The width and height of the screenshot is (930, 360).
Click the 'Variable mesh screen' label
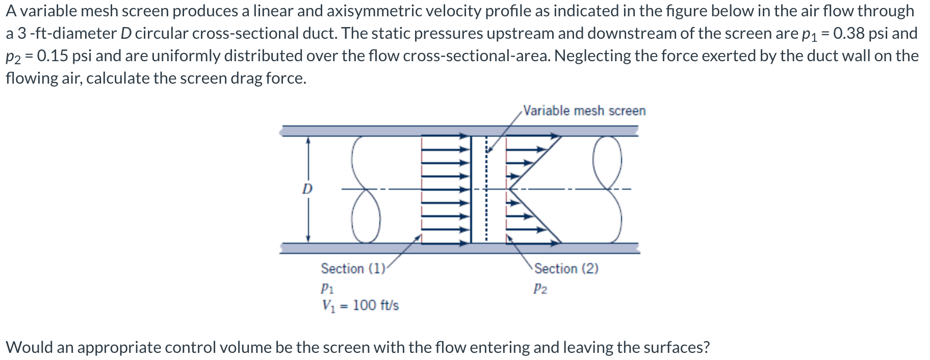pos(584,111)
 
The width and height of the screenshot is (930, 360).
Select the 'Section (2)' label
pos(566,268)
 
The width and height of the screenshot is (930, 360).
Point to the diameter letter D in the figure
pos(307,189)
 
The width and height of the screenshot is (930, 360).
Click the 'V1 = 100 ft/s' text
pos(360,305)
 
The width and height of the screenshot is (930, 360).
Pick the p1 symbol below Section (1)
pos(327,288)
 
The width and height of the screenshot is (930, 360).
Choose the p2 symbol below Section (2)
pos(540,289)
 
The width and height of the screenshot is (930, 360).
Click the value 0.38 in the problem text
pos(848,33)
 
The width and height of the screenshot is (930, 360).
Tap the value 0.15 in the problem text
pos(52,56)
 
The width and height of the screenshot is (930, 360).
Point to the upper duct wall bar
pos(459,131)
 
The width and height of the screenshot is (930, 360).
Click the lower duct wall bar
pos(459,248)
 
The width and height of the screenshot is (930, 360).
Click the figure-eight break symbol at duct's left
pos(365,189)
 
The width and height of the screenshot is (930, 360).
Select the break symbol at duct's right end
pos(608,189)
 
